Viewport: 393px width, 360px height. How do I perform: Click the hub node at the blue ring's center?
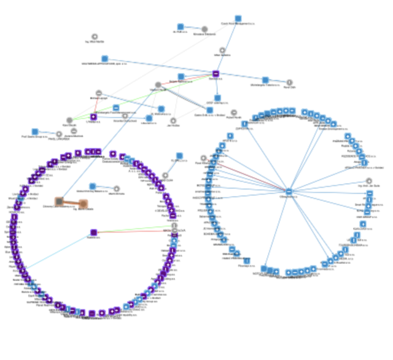(x=288, y=192)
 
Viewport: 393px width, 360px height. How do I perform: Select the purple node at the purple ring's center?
(x=93, y=232)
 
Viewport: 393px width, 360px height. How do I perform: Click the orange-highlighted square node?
(x=59, y=202)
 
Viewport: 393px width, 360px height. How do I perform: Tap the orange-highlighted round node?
(x=84, y=204)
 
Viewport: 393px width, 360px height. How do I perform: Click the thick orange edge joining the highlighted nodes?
(x=71, y=203)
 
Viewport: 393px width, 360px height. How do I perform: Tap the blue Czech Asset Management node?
(x=238, y=19)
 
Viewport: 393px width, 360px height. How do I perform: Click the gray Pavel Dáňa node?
(x=289, y=82)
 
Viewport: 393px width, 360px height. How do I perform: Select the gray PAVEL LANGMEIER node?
(x=59, y=134)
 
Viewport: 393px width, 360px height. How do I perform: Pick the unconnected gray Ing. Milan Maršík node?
(x=95, y=37)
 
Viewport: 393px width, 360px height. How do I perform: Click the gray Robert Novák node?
(x=233, y=112)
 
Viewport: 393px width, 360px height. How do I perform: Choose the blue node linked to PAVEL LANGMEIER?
(x=35, y=131)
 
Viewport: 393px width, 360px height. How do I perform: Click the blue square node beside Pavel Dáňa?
(x=265, y=80)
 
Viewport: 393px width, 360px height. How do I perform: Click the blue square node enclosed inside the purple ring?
(x=92, y=186)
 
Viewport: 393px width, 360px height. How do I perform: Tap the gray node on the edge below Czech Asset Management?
(x=222, y=50)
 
